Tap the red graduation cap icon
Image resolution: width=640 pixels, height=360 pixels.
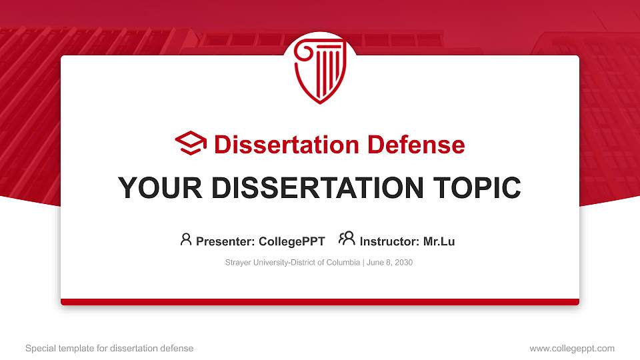coord(191,144)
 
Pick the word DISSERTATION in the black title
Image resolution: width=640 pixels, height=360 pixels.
coord(313,189)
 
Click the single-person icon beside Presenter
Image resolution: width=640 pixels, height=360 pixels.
coord(186,239)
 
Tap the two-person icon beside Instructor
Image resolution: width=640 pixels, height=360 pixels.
coord(347,239)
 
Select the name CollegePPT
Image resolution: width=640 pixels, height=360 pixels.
coord(292,241)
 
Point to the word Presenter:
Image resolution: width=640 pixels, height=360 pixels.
coord(223,241)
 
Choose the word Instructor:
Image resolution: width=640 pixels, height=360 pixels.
coord(389,241)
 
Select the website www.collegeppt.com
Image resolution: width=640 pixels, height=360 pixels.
coord(572,348)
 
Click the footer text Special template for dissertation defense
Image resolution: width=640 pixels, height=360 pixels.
coord(109,348)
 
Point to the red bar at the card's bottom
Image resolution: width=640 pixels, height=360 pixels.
coord(320,302)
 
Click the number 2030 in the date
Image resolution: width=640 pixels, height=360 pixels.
coord(404,263)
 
